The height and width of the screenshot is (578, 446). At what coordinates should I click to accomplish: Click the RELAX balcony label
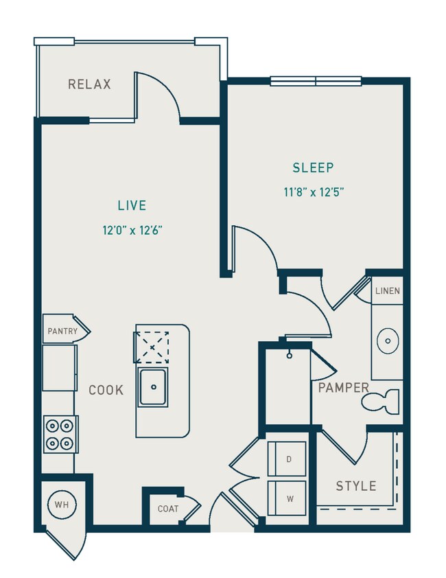[89, 84]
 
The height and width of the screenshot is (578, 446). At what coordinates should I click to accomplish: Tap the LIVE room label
[131, 205]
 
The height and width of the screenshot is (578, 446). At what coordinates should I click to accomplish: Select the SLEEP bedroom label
[313, 167]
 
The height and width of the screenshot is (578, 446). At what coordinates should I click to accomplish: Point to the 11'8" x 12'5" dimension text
[313, 192]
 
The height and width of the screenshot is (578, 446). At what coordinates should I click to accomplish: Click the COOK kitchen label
[106, 390]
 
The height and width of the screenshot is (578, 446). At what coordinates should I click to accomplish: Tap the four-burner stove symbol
[61, 434]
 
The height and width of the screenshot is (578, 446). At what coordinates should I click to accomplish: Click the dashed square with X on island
[152, 347]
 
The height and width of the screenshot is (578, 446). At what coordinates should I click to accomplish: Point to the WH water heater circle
[62, 505]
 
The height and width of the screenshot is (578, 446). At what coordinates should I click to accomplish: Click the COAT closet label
[167, 509]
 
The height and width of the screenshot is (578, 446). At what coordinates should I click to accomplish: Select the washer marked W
[289, 498]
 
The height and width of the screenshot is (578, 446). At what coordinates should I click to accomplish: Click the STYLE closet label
[355, 486]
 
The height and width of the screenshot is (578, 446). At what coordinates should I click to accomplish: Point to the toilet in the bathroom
[382, 401]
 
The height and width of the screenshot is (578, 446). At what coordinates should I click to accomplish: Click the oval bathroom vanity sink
[388, 340]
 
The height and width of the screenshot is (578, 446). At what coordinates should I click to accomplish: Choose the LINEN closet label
[387, 291]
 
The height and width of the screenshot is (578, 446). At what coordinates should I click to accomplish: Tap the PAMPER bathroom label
[343, 388]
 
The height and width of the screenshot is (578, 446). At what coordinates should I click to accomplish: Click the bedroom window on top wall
[316, 81]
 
